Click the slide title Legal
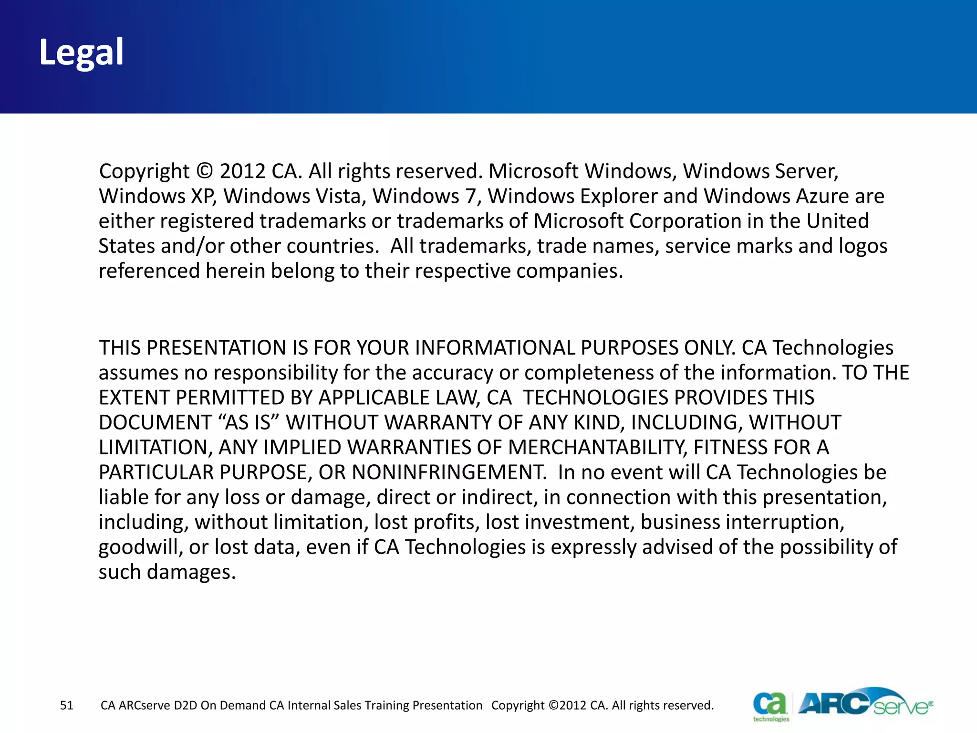click(x=81, y=52)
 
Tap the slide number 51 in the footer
click(x=67, y=705)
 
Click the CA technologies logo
click(x=770, y=705)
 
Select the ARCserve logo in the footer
click(x=864, y=702)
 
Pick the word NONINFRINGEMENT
click(x=449, y=472)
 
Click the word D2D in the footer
click(x=186, y=705)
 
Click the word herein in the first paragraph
click(x=235, y=271)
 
